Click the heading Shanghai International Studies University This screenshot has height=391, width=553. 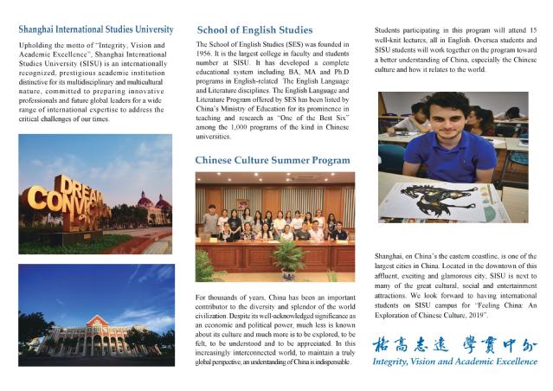pyautogui.click(x=95, y=29)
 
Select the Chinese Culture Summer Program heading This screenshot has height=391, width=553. pyautogui.click(x=273, y=160)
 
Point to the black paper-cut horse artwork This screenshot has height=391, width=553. pyautogui.click(x=441, y=195)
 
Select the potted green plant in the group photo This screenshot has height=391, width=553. pyautogui.click(x=287, y=258)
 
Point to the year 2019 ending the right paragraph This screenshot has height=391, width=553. pyautogui.click(x=509, y=318)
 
